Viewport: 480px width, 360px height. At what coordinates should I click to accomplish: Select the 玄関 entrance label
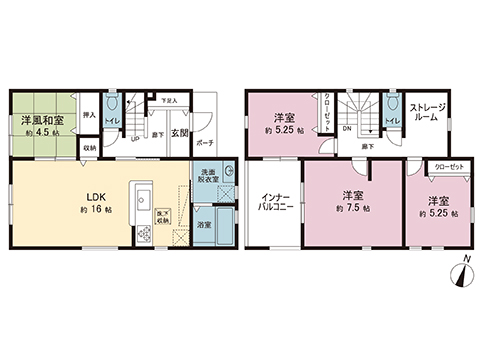pos(179,133)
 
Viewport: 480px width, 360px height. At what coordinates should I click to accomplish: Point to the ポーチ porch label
pos(204,143)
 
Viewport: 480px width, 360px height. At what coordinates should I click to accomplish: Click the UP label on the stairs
pos(136,137)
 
